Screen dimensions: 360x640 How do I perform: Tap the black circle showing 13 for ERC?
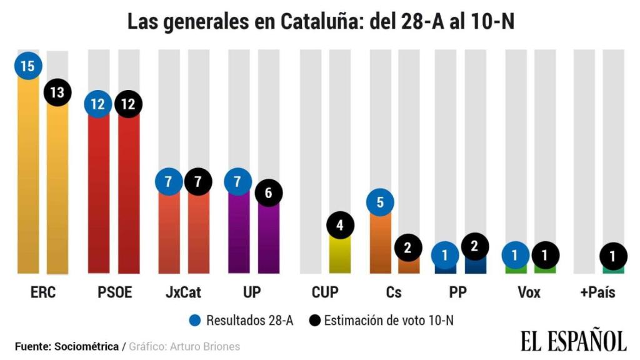click(x=57, y=92)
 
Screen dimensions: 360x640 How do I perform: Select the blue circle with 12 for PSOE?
click(x=98, y=104)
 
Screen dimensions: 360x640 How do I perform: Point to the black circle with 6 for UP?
click(x=268, y=192)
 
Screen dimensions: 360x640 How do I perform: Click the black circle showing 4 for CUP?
click(x=339, y=226)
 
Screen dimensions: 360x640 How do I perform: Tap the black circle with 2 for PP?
click(x=475, y=246)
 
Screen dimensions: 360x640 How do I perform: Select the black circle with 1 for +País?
click(x=613, y=256)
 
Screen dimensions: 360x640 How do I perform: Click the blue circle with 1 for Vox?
click(x=516, y=256)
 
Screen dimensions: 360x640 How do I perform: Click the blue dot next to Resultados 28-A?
click(x=196, y=321)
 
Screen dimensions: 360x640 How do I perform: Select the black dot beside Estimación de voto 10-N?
click(x=315, y=321)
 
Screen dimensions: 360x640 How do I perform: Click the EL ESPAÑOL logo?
click(x=572, y=341)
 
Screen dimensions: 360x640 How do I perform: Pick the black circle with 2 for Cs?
click(x=407, y=247)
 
